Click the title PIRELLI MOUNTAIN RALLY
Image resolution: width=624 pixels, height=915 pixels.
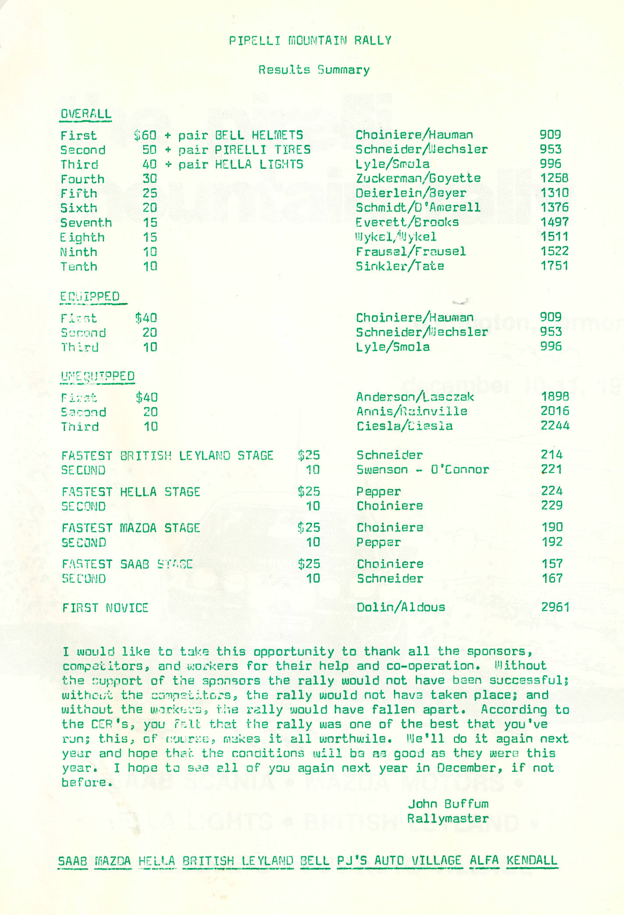[310, 41]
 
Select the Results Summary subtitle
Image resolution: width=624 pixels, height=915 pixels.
[314, 70]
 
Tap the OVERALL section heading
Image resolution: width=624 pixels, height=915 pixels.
[86, 114]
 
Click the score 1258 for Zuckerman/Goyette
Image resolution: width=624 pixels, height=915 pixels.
[554, 178]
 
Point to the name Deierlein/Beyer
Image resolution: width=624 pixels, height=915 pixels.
[411, 193]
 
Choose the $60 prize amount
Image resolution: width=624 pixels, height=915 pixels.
[145, 135]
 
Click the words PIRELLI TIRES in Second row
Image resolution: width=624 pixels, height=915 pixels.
[262, 150]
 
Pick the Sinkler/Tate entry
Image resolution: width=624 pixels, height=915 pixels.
[400, 266]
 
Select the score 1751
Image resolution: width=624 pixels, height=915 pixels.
[554, 266]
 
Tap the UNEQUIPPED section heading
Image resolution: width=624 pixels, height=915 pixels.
[98, 376]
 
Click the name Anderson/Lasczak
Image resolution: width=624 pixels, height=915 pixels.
[415, 397]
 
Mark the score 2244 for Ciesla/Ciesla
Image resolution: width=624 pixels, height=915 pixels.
[555, 426]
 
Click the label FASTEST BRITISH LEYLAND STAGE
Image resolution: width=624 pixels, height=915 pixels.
[167, 455]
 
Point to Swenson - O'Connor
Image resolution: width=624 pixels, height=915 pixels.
[422, 469]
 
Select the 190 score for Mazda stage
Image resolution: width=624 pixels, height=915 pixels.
[552, 527]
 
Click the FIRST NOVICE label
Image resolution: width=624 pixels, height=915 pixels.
[105, 608]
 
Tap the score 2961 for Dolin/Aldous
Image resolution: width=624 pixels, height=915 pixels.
[555, 607]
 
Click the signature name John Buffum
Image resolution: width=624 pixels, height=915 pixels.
[448, 803]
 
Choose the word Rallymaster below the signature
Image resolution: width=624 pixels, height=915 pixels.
[447, 818]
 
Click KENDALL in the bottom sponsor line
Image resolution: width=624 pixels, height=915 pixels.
[532, 860]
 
